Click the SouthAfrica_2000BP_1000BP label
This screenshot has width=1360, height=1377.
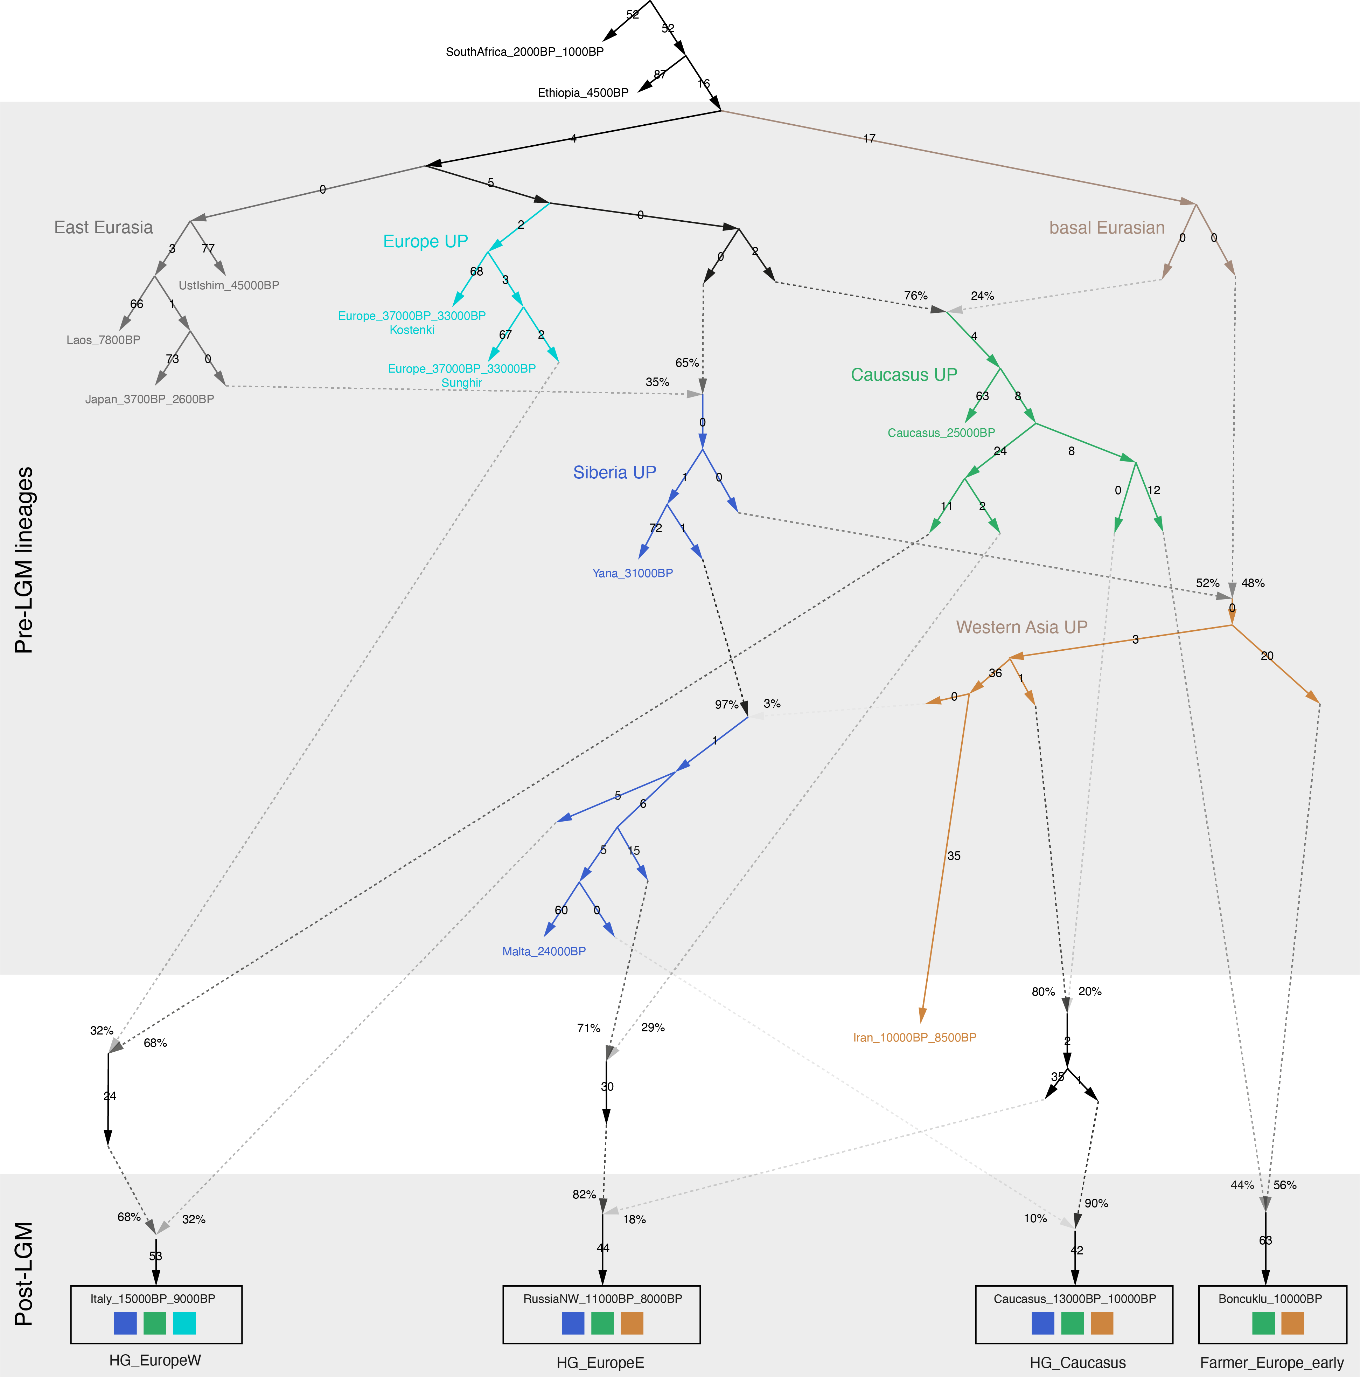click(x=524, y=52)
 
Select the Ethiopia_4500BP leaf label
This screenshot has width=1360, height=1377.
click(x=583, y=93)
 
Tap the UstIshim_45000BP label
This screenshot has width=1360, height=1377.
click(x=229, y=285)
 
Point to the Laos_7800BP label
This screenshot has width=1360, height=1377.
click(x=103, y=340)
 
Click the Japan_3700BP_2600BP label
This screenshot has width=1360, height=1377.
click(x=149, y=399)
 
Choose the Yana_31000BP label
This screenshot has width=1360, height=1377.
click(x=633, y=573)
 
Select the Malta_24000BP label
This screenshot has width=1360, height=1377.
click(x=544, y=952)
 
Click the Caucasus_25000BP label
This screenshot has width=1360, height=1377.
click(x=941, y=433)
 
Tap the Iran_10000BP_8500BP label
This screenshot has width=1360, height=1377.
click(x=915, y=1038)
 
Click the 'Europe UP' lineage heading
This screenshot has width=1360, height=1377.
click(x=425, y=242)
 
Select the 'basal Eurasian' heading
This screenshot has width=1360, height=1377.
click(x=1107, y=228)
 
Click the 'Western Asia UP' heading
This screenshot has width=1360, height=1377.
click(x=1021, y=627)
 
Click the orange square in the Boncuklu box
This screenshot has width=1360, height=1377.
click(x=1292, y=1323)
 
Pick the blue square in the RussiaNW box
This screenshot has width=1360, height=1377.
click(x=573, y=1323)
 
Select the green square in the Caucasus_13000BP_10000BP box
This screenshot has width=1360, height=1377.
click(x=1072, y=1323)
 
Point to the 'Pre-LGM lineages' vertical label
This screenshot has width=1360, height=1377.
click(x=24, y=560)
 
